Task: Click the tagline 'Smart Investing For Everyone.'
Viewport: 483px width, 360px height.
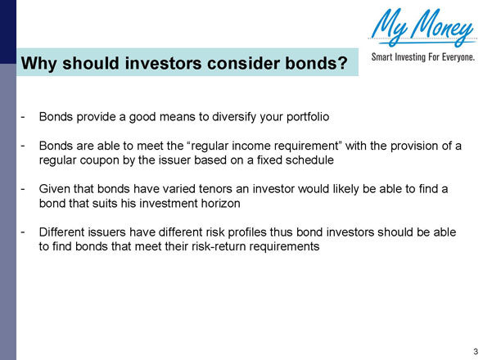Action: pos(423,58)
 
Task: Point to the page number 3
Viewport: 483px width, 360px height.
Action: pos(475,351)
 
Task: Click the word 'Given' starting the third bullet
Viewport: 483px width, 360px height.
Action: pos(55,189)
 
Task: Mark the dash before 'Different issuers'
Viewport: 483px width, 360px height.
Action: pos(23,232)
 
